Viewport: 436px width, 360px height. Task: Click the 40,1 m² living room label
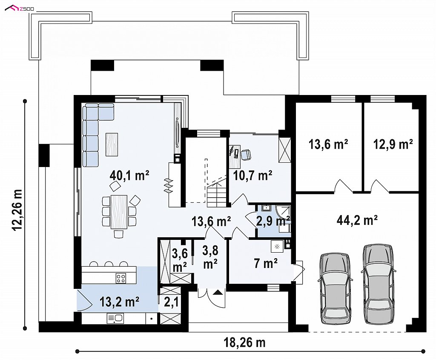pos(129,176)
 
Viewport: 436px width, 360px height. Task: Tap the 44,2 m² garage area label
pos(357,220)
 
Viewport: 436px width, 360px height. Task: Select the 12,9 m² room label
pos(393,144)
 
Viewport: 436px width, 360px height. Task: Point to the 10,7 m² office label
pos(252,176)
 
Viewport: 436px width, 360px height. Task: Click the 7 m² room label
pos(266,263)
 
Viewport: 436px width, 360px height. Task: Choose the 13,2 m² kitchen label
pos(119,302)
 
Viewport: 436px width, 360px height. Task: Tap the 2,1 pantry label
pos(171,302)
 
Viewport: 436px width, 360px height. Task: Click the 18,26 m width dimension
pos(245,343)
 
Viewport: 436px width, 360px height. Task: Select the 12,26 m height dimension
pos(17,210)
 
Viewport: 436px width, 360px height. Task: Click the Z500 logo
pos(20,9)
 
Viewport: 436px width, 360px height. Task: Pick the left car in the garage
pos(335,288)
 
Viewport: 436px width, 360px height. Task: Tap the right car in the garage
pos(379,284)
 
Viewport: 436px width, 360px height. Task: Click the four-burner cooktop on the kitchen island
pos(120,278)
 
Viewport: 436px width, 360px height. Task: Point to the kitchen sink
pos(115,319)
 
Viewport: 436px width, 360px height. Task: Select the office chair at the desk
pos(246,154)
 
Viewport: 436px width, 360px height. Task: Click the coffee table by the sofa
pos(112,144)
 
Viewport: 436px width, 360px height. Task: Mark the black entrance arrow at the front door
pos(218,292)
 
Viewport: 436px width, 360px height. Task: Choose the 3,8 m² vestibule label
pos(210,257)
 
